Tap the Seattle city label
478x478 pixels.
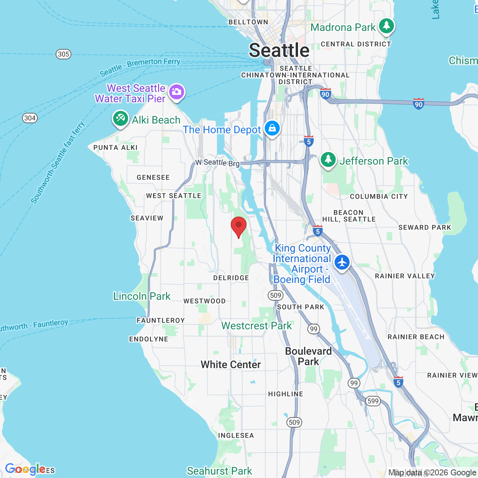tap(279, 50)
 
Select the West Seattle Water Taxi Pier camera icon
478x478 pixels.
tap(177, 91)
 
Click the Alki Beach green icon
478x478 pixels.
tap(120, 119)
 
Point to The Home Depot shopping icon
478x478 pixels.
tap(272, 128)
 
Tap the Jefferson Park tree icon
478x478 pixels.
tap(328, 160)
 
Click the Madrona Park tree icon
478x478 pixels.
tap(386, 26)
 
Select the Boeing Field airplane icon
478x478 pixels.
tap(342, 262)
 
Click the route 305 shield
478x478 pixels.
tap(63, 54)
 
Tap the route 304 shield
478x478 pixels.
tap(30, 118)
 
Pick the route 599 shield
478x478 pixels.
tap(373, 401)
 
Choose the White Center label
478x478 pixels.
tap(231, 364)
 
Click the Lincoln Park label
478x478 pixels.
tap(142, 296)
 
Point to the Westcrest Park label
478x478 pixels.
tap(257, 326)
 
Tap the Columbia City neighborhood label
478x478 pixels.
tap(379, 196)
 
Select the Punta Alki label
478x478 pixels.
tap(115, 148)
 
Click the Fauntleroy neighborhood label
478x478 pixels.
tap(161, 320)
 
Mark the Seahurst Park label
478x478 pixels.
tap(220, 471)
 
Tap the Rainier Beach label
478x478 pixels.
tap(416, 337)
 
